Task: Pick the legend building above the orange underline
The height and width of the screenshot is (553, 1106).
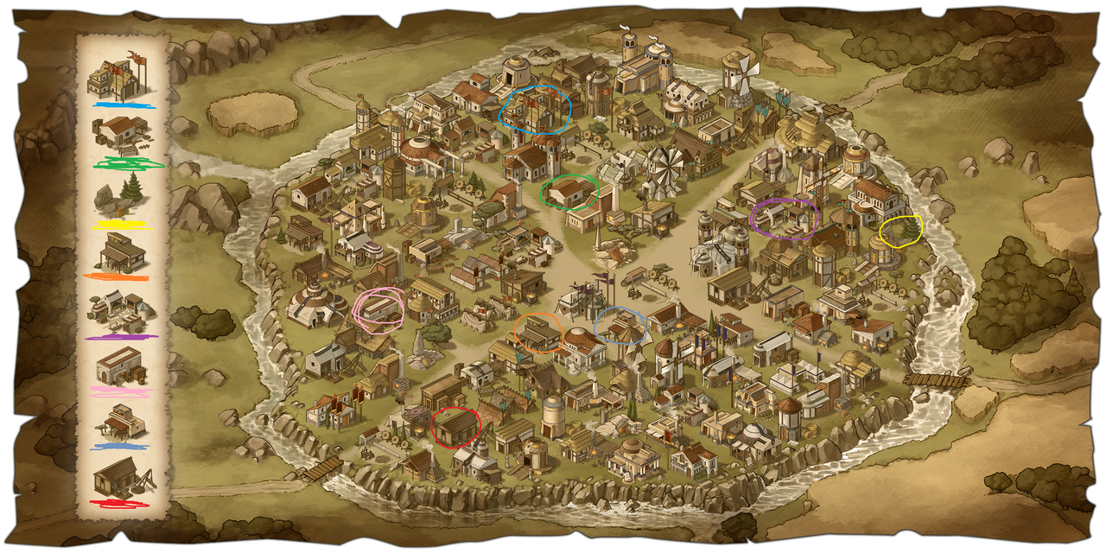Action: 122,251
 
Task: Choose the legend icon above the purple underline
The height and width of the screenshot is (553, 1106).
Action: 121,311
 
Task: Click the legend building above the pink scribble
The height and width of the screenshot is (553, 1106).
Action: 120,366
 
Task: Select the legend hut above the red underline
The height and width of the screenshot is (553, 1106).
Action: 120,477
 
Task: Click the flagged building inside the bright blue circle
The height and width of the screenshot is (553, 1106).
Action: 535,109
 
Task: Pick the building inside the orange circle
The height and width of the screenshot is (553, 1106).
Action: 538,332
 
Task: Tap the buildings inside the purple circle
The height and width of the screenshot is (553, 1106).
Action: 784,216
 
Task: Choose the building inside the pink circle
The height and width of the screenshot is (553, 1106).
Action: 378,308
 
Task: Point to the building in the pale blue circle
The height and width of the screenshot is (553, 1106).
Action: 620,326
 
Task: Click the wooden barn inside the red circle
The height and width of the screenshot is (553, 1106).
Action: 455,426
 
